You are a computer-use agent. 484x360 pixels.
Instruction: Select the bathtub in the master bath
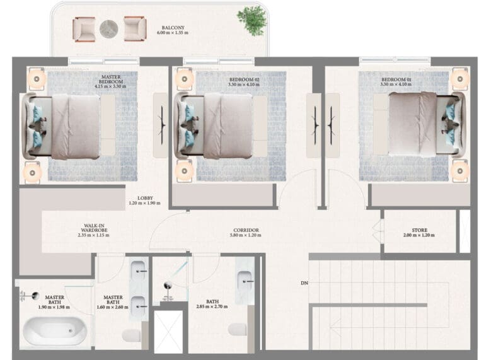(x=55, y=330)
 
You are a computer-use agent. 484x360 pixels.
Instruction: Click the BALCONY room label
(x=173, y=28)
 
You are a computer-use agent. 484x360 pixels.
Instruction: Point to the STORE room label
(x=419, y=230)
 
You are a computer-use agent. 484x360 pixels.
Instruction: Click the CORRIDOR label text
(x=246, y=230)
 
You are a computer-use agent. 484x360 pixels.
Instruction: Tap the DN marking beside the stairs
(x=304, y=283)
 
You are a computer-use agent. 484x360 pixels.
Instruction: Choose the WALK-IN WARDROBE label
(x=94, y=228)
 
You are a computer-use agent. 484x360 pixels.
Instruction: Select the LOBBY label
(x=145, y=198)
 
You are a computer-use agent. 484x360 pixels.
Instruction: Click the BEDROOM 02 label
(x=244, y=79)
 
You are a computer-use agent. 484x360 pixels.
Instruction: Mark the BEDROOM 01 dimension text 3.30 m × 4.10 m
(x=396, y=84)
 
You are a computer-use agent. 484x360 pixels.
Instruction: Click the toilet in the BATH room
(x=238, y=330)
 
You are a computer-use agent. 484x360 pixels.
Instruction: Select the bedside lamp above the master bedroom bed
(x=37, y=79)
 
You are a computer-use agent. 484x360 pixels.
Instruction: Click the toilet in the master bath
(x=132, y=335)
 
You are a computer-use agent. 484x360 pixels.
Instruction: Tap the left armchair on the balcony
(x=84, y=30)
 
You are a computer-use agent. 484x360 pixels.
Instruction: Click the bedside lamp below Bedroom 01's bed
(x=460, y=171)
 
